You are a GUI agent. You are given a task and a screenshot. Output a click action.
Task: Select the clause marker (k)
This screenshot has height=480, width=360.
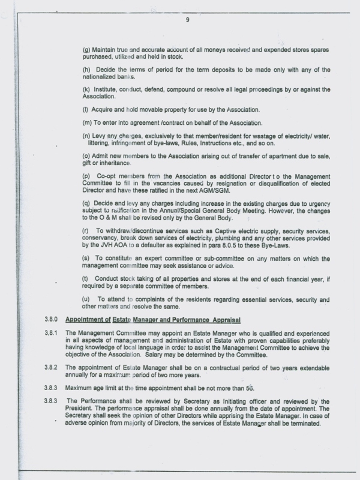pos(86,89)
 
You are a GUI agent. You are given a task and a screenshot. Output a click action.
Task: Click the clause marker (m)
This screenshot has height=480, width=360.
pos(87,122)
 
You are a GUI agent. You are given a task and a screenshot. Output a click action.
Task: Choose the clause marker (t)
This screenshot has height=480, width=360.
pos(86,278)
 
